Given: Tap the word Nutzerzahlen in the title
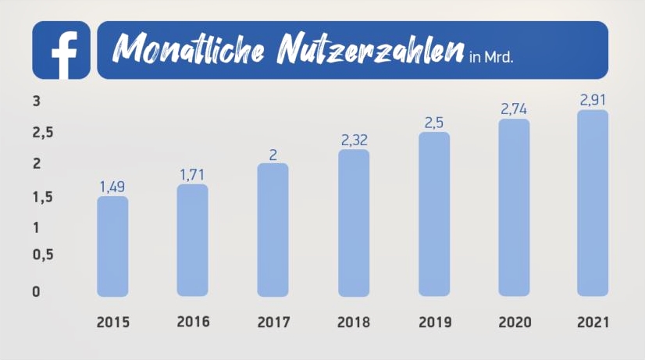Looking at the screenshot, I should click(367, 50).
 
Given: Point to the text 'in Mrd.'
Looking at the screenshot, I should click(492, 57).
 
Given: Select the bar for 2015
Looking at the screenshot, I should click(112, 246).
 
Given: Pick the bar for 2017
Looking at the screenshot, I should click(273, 230).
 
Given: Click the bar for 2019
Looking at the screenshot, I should click(433, 214).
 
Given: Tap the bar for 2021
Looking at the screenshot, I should click(593, 203).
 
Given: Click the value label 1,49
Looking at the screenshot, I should click(112, 187).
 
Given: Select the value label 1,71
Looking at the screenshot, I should click(193, 174).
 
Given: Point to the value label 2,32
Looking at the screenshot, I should click(354, 141).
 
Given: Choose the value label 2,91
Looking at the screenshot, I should click(593, 100).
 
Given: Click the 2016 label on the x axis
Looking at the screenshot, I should click(193, 322).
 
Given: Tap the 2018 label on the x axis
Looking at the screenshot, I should click(354, 322).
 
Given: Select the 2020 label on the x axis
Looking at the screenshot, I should click(514, 322).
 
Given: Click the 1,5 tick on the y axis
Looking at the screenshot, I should click(43, 198).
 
